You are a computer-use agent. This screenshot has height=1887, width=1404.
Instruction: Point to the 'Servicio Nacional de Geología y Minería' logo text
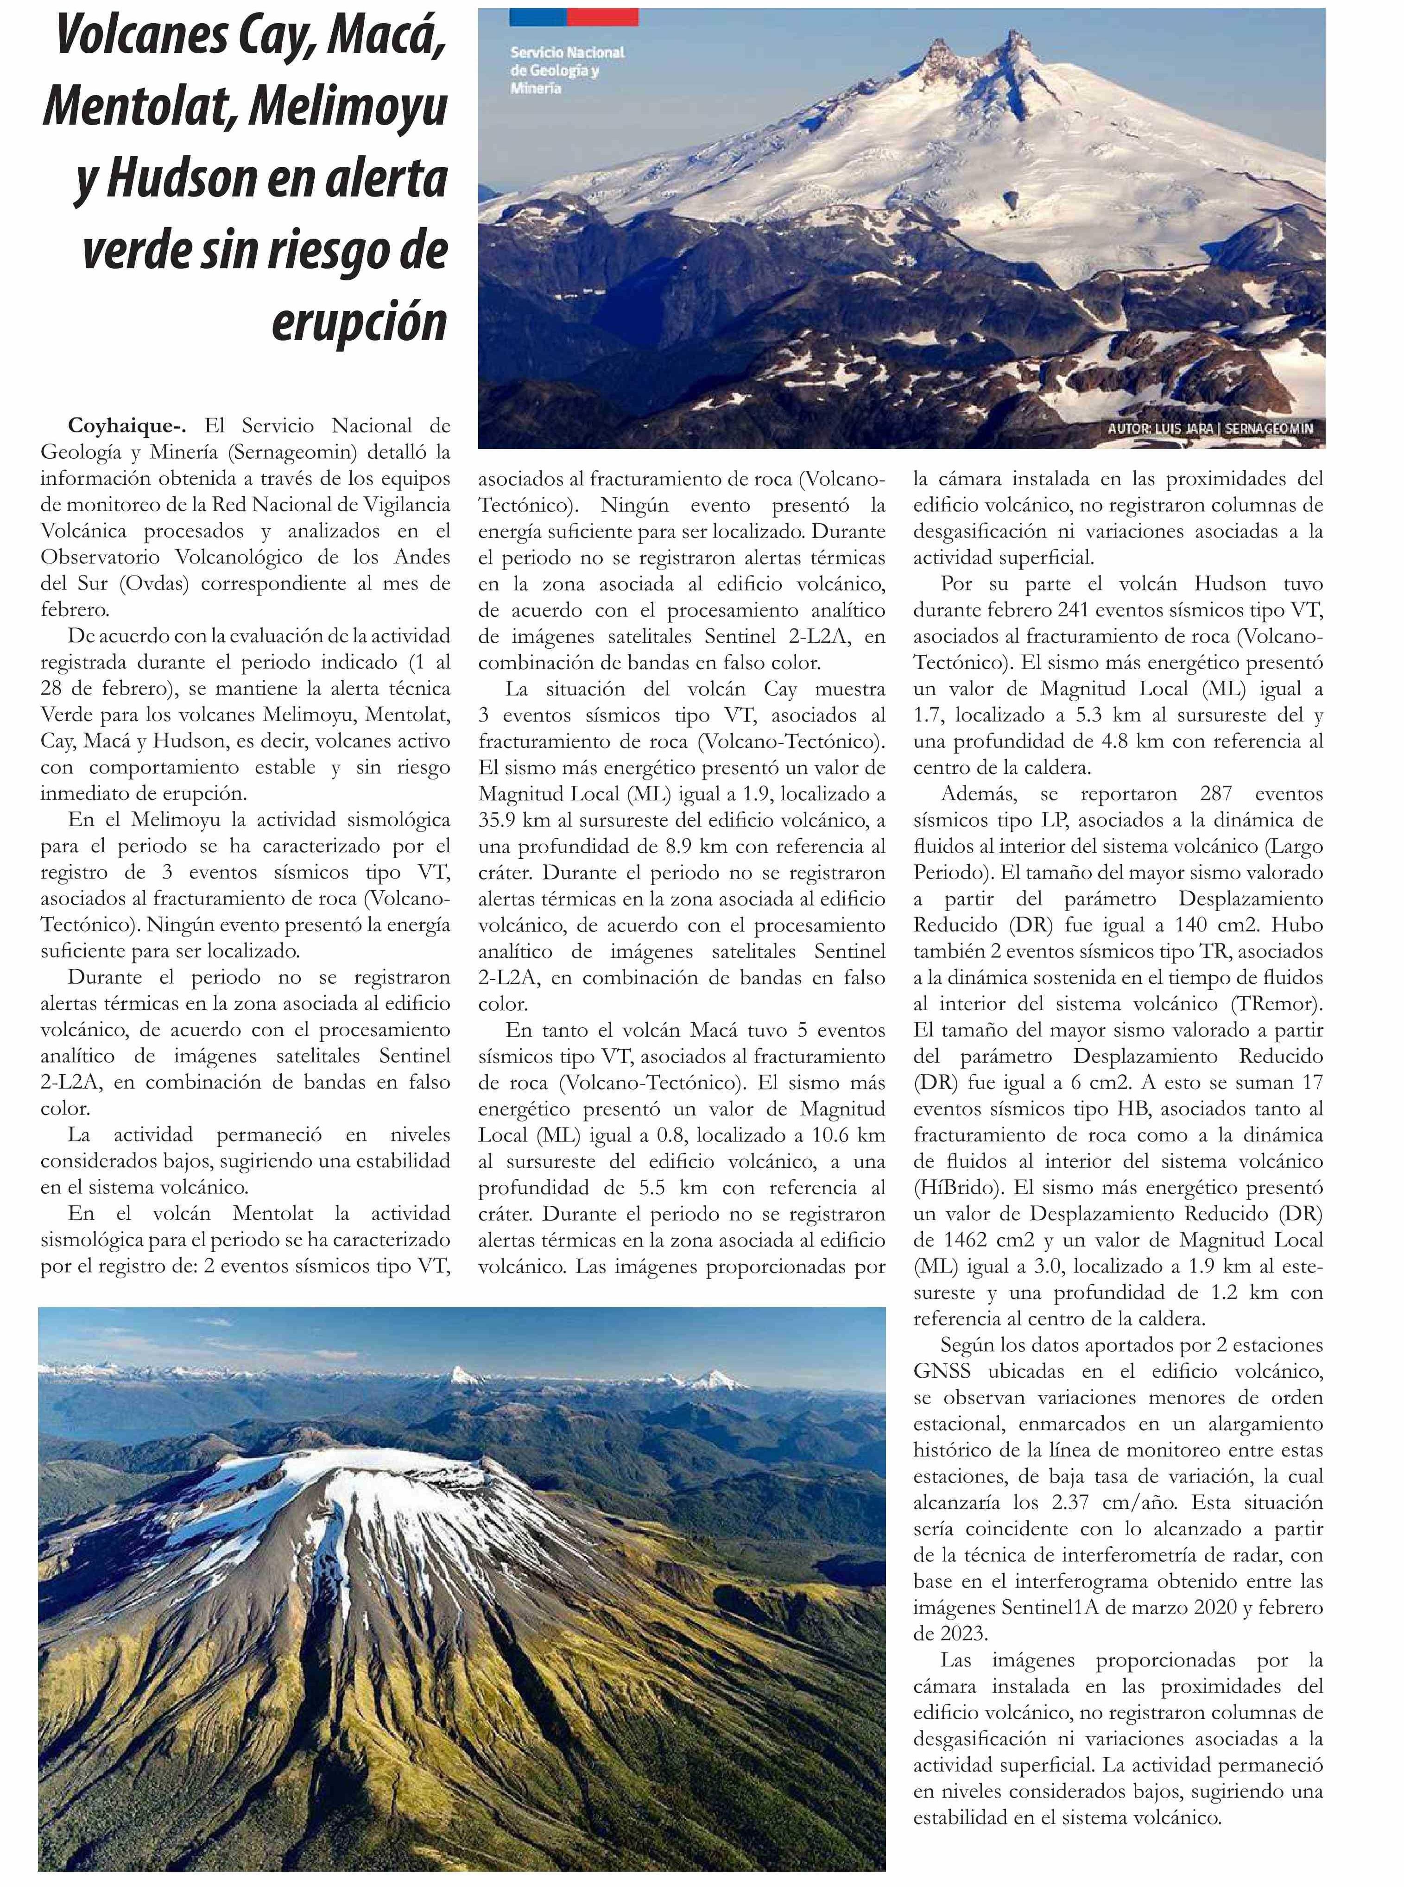tap(567, 70)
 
